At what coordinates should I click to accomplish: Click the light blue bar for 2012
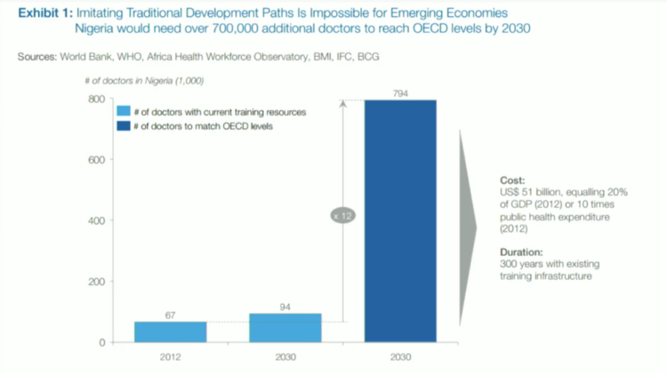click(x=171, y=331)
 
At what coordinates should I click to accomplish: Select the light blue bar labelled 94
click(x=285, y=327)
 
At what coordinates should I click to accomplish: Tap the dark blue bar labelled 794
click(x=400, y=222)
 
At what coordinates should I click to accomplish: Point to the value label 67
click(x=171, y=314)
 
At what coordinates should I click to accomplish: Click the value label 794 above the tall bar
click(x=400, y=92)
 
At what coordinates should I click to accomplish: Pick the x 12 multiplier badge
click(x=343, y=216)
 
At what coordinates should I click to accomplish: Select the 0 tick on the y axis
click(x=101, y=342)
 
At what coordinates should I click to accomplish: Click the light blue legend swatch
click(x=125, y=112)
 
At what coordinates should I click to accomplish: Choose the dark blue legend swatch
click(x=125, y=126)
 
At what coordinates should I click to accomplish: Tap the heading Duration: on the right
click(x=520, y=251)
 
